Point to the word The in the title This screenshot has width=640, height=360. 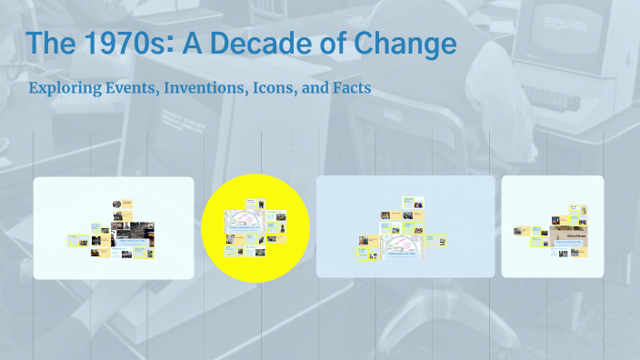[x=51, y=43]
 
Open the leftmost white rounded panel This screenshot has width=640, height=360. [x=114, y=227]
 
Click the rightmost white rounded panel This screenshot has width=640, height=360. [x=553, y=226]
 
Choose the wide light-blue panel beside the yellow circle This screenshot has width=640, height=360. [x=405, y=226]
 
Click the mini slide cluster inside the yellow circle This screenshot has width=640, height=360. [x=256, y=225]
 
